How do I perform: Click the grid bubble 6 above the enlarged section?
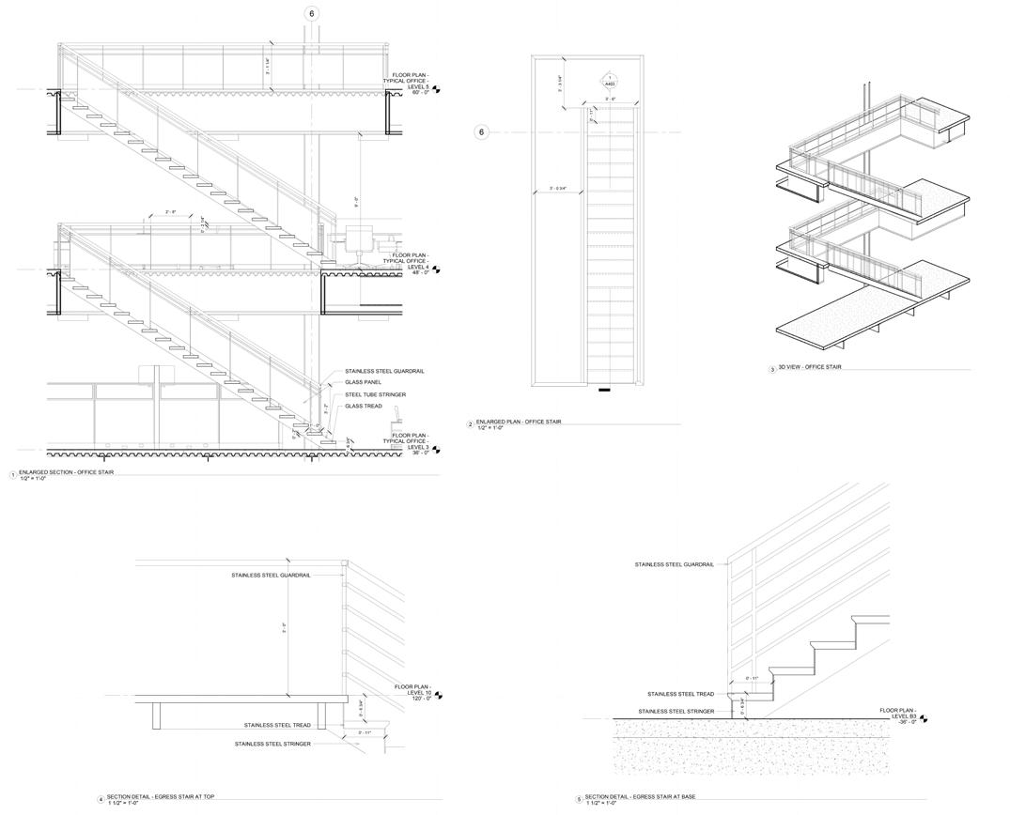(x=312, y=14)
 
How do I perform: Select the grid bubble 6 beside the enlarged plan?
(x=482, y=132)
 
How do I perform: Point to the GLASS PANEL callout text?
(x=362, y=382)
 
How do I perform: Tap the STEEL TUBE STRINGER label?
(x=375, y=394)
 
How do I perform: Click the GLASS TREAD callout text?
(x=362, y=406)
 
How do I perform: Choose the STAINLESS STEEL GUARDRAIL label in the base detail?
(x=674, y=564)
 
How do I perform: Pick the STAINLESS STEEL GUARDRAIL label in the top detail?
(x=271, y=575)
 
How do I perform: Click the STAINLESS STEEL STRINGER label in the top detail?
(x=272, y=744)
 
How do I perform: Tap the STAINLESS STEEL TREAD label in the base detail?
(x=680, y=694)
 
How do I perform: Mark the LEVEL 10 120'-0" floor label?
(x=412, y=692)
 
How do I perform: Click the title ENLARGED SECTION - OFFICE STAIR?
(x=66, y=472)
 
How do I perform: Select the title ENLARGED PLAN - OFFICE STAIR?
(x=518, y=422)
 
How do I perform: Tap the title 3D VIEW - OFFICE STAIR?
(x=806, y=368)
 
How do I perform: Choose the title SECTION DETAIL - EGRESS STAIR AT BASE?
(x=640, y=797)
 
